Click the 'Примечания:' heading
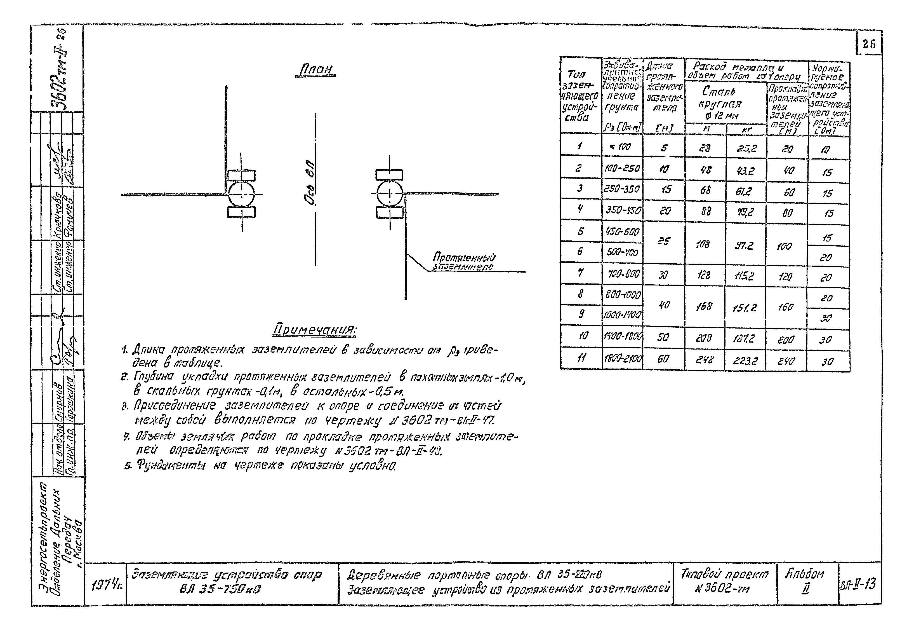[x=315, y=330]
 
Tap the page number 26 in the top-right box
[x=869, y=44]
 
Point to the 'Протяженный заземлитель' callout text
[x=464, y=262]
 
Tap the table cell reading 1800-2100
[x=623, y=359]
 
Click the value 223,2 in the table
[x=745, y=360]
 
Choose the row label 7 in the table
[x=581, y=273]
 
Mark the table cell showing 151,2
[x=745, y=307]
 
